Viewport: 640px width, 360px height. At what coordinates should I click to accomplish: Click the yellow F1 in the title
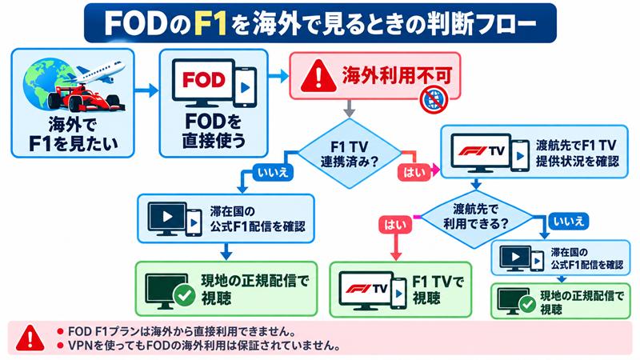pos(210,24)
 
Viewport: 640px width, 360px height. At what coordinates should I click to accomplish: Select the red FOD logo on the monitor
pos(204,79)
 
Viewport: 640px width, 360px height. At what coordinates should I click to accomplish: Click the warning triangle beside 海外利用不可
pos(318,76)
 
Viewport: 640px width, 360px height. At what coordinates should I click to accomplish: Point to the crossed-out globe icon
pos(434,99)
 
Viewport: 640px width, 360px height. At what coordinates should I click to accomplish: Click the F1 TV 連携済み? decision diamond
pos(350,154)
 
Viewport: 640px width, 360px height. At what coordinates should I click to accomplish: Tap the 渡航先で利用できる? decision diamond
pos(476,217)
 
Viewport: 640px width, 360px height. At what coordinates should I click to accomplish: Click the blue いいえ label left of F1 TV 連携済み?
pos(273,172)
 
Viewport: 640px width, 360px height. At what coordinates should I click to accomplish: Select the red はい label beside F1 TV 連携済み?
pos(414,172)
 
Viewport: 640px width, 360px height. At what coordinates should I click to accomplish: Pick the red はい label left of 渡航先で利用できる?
pos(395,225)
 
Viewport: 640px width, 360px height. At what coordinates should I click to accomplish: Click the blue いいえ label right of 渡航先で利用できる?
pos(569,222)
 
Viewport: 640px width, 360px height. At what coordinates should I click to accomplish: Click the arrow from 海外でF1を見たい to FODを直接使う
pos(146,90)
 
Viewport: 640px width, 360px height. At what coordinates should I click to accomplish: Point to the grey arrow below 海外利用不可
pos(349,108)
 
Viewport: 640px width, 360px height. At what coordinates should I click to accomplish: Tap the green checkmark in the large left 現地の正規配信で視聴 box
pos(185,295)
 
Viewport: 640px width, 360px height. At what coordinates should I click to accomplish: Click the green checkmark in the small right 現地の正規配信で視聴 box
pos(528,305)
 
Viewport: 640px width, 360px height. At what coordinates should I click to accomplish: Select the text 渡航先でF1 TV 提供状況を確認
pos(577,153)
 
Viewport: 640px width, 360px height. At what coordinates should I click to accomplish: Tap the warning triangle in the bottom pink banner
pos(30,338)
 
